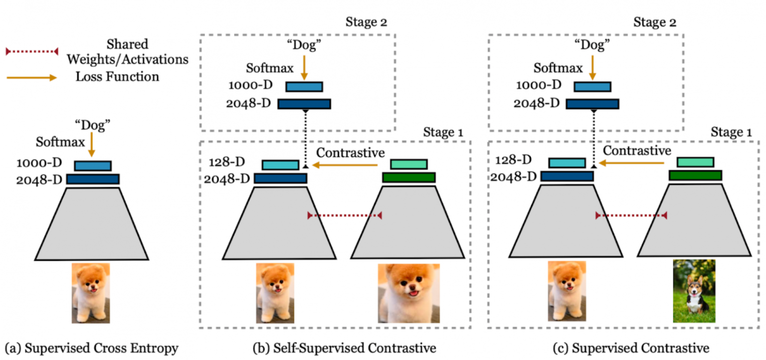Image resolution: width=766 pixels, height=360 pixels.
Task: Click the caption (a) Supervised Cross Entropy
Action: coord(91,348)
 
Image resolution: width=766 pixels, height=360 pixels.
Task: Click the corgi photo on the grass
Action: coord(694,291)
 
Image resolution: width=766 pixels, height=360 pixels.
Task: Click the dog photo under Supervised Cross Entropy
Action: coord(91,293)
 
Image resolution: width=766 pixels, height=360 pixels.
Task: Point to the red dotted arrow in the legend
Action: coord(32,51)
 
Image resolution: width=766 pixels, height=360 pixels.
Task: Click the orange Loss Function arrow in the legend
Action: coord(32,78)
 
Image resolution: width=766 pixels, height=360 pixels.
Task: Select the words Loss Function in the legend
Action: coord(117,77)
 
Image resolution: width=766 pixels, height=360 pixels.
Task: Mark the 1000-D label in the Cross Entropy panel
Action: coord(37,163)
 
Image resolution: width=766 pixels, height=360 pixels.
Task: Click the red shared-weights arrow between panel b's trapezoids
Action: coord(345,215)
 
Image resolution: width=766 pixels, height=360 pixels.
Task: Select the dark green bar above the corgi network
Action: coord(695,175)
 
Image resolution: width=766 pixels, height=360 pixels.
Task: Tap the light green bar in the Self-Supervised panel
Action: coord(409,165)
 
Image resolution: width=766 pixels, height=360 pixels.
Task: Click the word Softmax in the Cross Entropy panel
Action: coord(56,142)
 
